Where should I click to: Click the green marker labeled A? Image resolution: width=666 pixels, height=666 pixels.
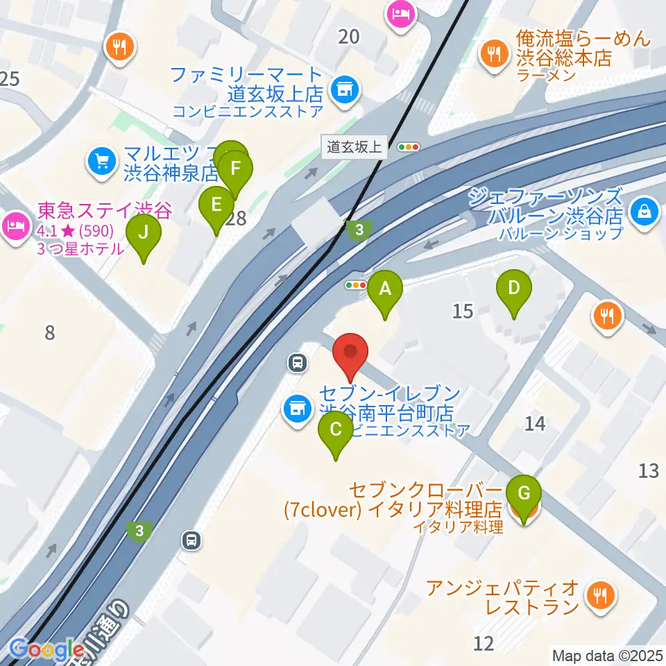point(385,290)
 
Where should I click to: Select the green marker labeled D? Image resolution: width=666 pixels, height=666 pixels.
point(513,289)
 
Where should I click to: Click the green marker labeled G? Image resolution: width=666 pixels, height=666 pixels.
point(524,495)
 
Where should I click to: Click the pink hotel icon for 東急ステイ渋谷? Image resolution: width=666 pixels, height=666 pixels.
point(15,224)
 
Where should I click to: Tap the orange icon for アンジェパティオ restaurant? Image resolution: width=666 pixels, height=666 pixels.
point(597,595)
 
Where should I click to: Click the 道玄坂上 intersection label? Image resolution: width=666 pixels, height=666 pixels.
point(355,146)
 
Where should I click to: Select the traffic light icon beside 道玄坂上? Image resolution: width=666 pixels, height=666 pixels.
point(409,146)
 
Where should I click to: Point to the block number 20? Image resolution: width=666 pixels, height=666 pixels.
point(348,36)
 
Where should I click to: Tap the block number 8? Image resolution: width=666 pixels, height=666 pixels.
point(49,332)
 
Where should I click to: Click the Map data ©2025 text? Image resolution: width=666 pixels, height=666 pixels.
point(606,654)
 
